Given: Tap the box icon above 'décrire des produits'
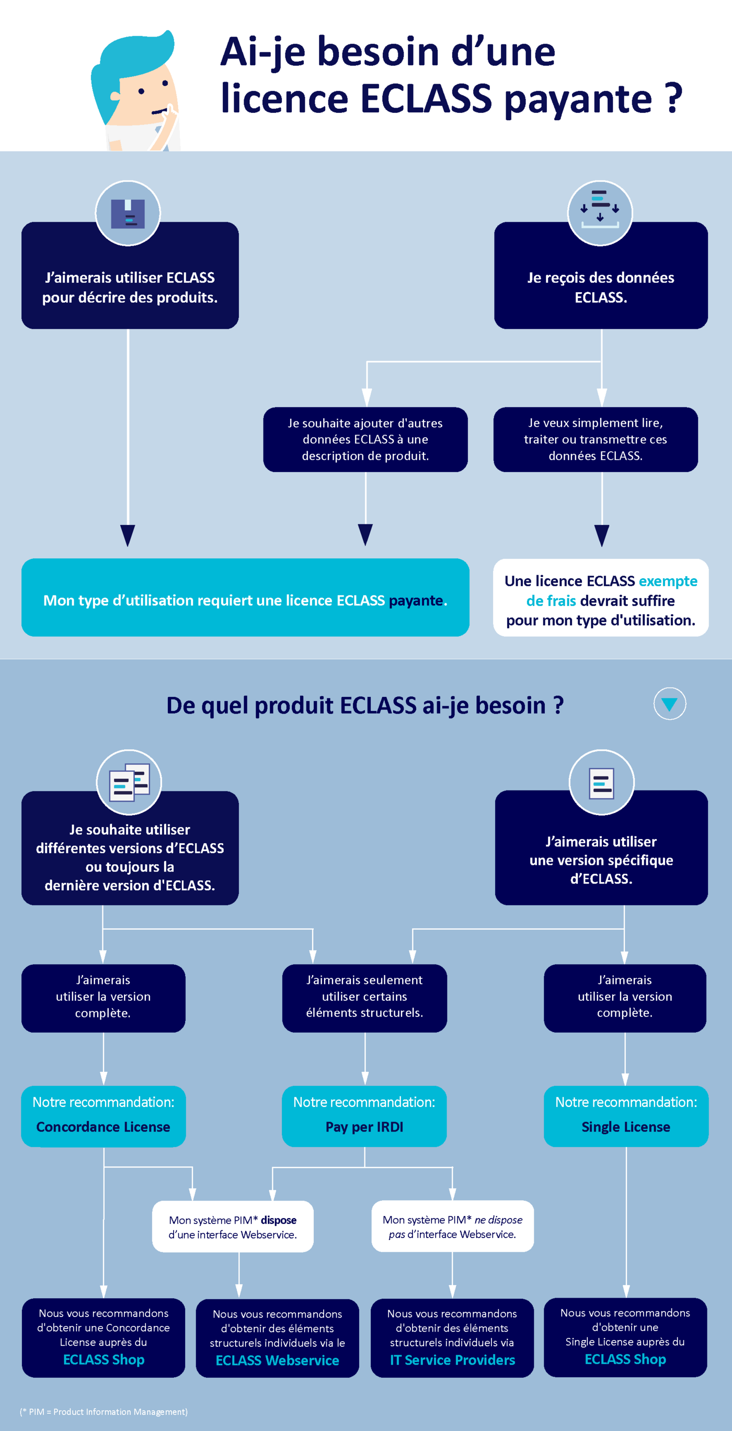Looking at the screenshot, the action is (x=128, y=213).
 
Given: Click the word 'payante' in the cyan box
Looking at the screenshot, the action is (x=416, y=600).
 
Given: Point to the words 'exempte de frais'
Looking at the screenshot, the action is (x=611, y=590).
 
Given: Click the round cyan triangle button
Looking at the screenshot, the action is (x=669, y=703).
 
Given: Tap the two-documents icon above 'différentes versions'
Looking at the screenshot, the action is (x=129, y=782).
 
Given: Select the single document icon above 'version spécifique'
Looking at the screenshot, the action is (x=601, y=783).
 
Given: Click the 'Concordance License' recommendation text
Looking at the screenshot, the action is (x=104, y=1127).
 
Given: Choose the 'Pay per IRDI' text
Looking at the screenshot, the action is (x=364, y=1127).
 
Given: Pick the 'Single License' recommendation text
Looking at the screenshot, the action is (x=626, y=1127).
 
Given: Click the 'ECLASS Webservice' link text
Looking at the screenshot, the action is (x=277, y=1360).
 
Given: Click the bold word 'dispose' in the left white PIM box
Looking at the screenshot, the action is (x=279, y=1220).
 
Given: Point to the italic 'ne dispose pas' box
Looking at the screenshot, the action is (x=452, y=1226).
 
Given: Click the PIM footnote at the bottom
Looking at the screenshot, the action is (x=104, y=1412).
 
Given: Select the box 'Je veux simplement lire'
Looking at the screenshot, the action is (x=596, y=439).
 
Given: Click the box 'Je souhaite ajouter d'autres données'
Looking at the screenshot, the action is (x=365, y=439).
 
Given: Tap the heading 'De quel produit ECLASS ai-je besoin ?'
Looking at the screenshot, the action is (x=365, y=705).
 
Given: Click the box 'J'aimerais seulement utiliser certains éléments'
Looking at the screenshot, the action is (x=364, y=998).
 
